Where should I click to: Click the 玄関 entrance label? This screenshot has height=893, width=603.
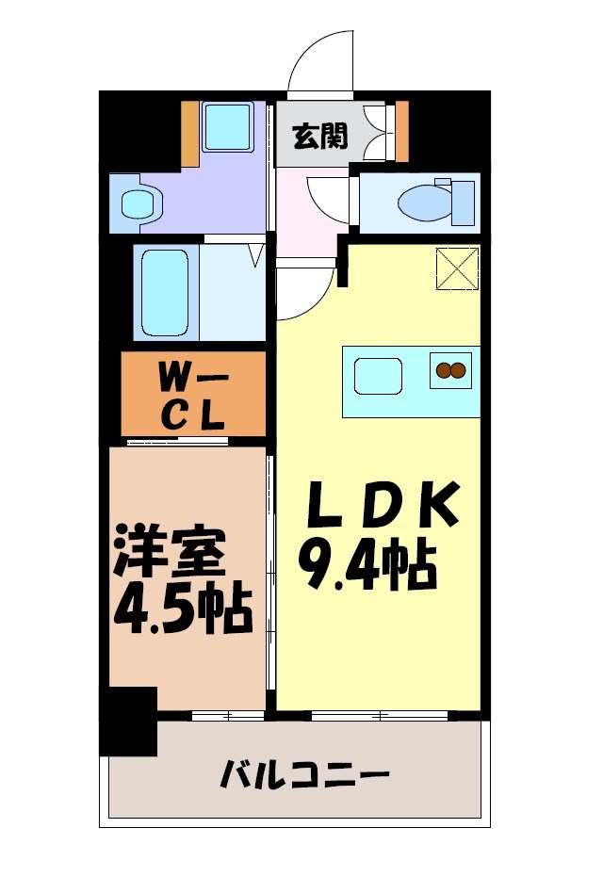pos(319,137)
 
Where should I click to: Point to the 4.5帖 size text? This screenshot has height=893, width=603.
pos(183,610)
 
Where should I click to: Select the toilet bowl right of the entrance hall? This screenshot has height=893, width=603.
pos(418,202)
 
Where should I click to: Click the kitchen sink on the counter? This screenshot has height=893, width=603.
pos(379,378)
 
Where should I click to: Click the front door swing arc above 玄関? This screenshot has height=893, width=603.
pos(320,62)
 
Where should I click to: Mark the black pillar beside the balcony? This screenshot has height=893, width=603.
pos(127,721)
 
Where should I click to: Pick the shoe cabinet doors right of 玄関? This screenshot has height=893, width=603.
pos(379,132)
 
